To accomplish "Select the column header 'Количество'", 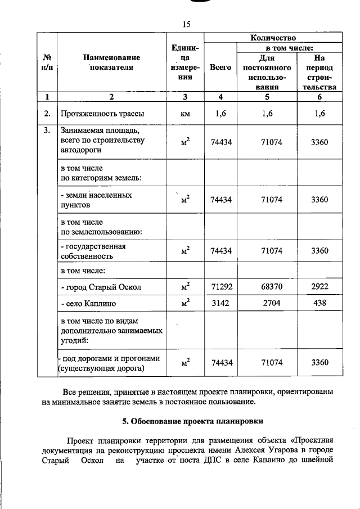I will pos(273,38).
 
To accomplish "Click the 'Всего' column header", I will pos(220,67).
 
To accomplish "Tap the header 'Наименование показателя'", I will pos(111,62).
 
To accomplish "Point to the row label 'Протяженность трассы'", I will pos(102,114).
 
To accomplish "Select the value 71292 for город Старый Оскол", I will pos(220,287).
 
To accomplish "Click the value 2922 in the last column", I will pos(319,287).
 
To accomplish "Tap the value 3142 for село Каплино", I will pos(220,304).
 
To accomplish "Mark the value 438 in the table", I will pos(319,304).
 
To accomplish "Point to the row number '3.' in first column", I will pos(48,130).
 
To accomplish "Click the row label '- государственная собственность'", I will pos(93,251).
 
